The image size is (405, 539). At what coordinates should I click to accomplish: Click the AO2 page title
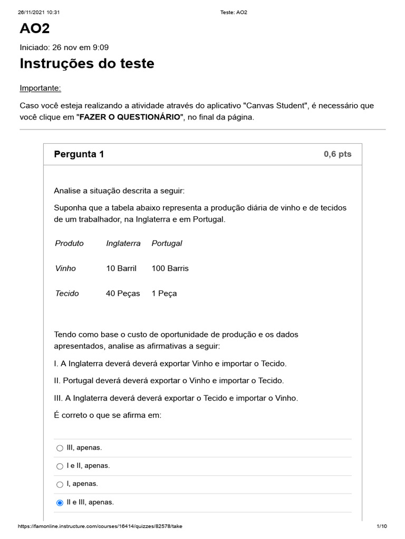coord(35,28)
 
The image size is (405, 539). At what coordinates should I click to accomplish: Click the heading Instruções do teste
coord(87,64)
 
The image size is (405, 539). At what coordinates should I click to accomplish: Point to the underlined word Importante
coord(40,87)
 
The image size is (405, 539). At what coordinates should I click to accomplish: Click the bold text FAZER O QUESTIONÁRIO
coord(130,117)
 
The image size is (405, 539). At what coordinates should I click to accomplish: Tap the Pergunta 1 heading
coord(79,154)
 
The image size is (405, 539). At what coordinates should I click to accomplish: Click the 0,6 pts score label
coord(337,154)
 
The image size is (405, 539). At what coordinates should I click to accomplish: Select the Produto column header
coord(69,243)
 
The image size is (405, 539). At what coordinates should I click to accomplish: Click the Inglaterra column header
coord(123,243)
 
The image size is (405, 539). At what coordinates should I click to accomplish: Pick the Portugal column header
coord(167,243)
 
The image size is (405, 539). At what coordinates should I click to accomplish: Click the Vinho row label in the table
coord(65,268)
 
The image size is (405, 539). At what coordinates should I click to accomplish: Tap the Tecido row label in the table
coord(67,293)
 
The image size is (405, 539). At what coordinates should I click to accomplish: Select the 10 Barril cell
coord(121,268)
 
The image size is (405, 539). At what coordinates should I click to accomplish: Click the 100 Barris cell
coord(170,268)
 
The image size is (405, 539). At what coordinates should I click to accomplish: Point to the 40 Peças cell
coord(123,293)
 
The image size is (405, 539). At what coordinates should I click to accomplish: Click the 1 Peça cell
coord(164,293)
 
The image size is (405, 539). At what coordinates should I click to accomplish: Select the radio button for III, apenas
coord(60,448)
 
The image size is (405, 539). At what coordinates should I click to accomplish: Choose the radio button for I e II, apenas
coord(60,466)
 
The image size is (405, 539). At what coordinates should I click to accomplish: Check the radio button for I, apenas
coord(60,484)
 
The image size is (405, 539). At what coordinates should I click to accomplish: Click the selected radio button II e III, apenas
coord(60,503)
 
